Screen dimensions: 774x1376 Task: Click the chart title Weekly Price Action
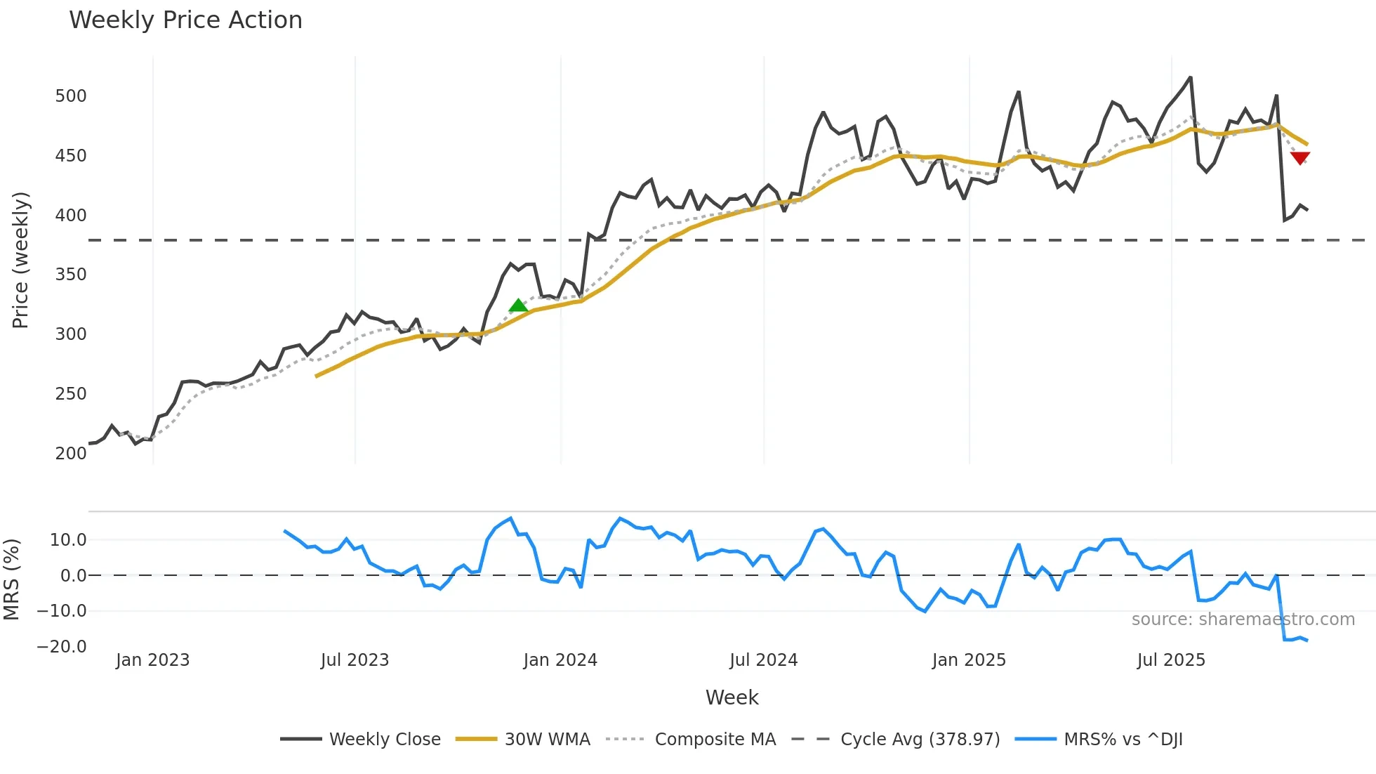click(x=185, y=20)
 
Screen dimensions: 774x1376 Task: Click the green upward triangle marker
click(x=518, y=306)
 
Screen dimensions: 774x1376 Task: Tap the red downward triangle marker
click(x=1299, y=158)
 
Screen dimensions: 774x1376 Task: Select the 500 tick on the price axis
click(x=71, y=96)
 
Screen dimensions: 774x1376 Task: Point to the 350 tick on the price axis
click(x=71, y=275)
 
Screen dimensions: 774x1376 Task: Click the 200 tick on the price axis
click(x=71, y=453)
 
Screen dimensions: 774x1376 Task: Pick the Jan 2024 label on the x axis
click(x=560, y=660)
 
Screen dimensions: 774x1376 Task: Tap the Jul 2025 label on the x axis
click(x=1171, y=660)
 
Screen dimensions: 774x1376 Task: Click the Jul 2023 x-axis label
click(x=355, y=660)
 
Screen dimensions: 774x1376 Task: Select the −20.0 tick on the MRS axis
click(x=62, y=646)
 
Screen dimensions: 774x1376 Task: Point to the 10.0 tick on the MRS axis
click(x=68, y=540)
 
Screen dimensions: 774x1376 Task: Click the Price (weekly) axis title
click(x=20, y=260)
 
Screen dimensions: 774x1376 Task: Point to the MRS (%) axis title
click(x=11, y=579)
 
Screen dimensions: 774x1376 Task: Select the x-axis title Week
click(x=732, y=697)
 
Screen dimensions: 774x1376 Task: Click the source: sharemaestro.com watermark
click(x=1243, y=619)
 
